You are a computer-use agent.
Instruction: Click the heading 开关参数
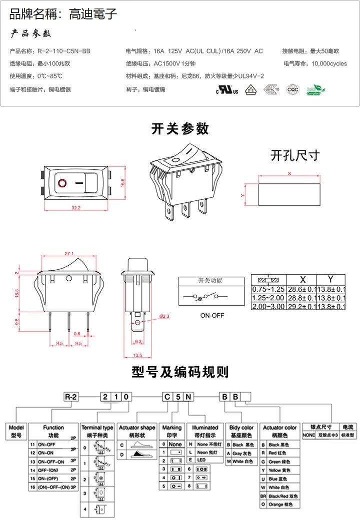pos(180,129)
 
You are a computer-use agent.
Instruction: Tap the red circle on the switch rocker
pos(62,183)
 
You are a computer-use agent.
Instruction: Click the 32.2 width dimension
pos(76,207)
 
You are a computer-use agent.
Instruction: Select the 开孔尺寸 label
pos(294,155)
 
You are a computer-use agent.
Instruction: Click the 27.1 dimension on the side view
pos(69,253)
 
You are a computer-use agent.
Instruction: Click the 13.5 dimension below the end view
pos(137,355)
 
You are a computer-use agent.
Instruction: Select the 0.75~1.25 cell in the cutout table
pos(268,289)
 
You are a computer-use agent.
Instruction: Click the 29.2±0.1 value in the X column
pos(301,306)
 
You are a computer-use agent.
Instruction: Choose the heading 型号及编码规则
pos(180,372)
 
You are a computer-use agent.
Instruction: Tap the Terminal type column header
pos(97,428)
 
